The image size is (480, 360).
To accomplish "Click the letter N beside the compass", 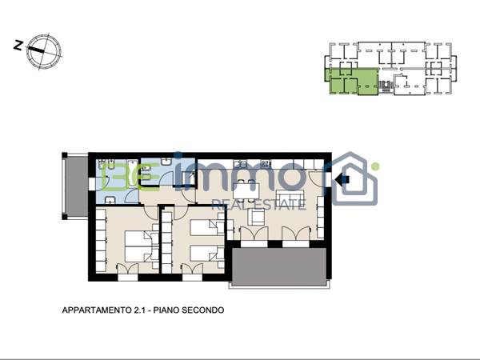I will coord(17,46).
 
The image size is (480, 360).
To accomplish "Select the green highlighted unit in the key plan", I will coord(350,82).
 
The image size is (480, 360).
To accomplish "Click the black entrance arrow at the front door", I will coord(344,181).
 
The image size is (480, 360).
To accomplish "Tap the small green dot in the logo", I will coord(375,167).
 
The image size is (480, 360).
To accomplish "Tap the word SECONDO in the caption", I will coord(203,310).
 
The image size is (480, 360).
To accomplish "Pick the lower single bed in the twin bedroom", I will coord(206,254).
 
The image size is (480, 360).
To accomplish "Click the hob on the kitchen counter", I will coord(266,165).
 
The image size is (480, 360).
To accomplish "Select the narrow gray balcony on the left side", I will coord(73,186).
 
